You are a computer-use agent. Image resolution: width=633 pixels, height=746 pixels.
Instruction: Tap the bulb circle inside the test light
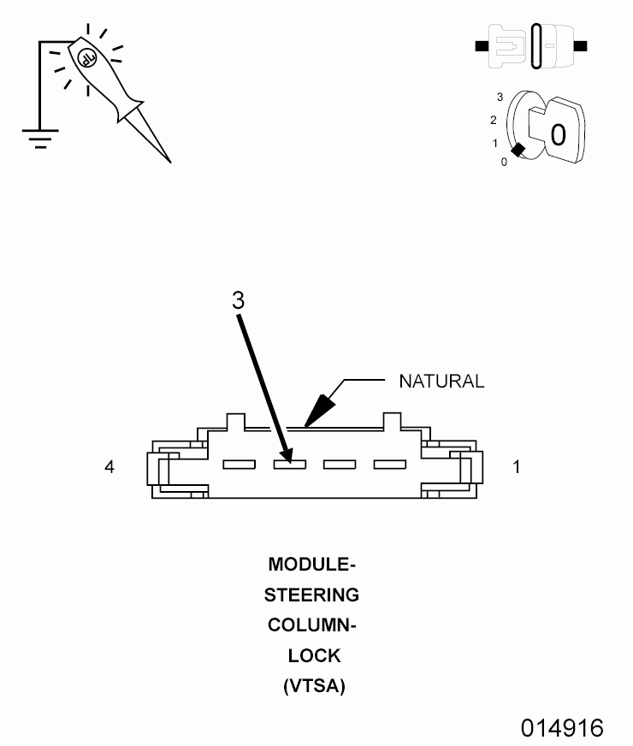click(86, 57)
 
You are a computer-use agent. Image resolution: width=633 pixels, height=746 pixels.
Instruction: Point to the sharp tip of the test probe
click(169, 161)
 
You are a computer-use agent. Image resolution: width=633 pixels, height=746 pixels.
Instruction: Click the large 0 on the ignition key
click(557, 134)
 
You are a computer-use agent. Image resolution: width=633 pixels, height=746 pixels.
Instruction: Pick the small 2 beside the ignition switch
click(494, 120)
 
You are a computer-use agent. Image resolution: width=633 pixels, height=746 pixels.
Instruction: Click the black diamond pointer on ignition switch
click(518, 148)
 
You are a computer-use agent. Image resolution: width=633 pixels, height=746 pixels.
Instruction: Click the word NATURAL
click(441, 382)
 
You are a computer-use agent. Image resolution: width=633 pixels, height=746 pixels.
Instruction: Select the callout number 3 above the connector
click(239, 299)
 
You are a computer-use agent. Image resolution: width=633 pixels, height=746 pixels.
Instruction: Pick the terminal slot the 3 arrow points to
click(290, 465)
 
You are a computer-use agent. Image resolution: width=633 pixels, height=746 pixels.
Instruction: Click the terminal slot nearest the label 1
click(389, 465)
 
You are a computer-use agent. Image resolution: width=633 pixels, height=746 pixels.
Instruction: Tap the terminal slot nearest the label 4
click(240, 465)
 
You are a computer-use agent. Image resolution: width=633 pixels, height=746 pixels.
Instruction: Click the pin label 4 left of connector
click(109, 467)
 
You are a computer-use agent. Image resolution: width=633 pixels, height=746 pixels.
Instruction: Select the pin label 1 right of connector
click(515, 467)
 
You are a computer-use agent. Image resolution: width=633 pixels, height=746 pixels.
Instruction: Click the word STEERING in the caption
click(311, 595)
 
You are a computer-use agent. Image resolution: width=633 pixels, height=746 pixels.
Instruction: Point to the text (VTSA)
click(314, 686)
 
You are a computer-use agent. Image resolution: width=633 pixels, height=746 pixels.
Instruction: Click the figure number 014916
click(562, 728)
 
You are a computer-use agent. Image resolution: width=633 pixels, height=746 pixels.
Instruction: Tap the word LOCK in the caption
click(314, 655)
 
